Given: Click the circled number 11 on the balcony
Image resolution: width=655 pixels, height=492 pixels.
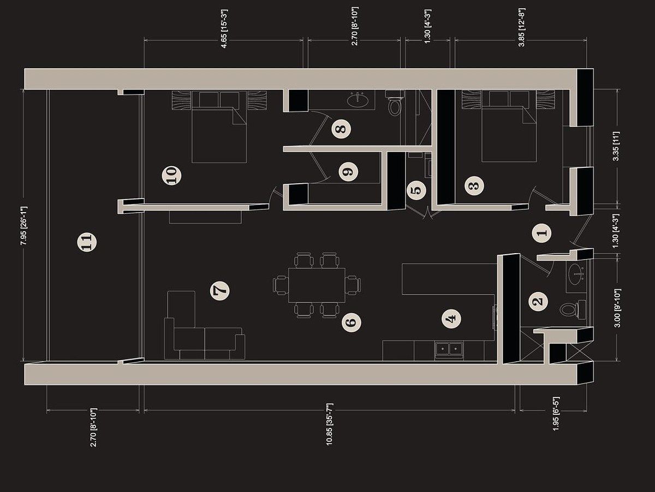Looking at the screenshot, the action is (87, 242).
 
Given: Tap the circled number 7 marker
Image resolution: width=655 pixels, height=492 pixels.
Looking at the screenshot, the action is (219, 290).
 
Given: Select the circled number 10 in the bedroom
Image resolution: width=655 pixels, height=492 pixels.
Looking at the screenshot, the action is (171, 175).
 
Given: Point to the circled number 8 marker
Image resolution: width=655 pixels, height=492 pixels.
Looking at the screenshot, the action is (341, 129).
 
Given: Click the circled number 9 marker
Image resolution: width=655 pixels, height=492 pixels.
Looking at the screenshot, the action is (348, 172).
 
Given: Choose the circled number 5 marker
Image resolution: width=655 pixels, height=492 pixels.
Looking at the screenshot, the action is (416, 190).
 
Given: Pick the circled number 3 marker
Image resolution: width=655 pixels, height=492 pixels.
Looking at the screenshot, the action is (474, 186).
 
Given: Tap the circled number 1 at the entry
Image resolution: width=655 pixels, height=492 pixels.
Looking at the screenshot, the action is (542, 233).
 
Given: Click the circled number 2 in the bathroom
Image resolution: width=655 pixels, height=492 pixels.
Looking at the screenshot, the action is (538, 301).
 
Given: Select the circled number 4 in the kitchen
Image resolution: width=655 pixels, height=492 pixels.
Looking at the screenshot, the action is (451, 319).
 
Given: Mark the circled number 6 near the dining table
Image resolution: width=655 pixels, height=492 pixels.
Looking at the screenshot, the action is (352, 323).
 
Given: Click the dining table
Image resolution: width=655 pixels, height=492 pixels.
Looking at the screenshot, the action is (317, 285).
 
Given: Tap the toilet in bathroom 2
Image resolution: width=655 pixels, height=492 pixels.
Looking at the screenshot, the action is (573, 310).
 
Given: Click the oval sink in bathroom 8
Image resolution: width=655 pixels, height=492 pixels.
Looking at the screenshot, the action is (358, 99).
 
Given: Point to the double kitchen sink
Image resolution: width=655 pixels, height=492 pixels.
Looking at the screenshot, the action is (449, 349).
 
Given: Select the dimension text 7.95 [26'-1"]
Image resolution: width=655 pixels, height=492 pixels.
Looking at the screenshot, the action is (24, 226).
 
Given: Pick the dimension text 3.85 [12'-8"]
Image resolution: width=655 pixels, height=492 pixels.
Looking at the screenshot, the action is (522, 27).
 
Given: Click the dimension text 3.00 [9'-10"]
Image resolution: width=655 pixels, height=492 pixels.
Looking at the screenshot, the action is (617, 308).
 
